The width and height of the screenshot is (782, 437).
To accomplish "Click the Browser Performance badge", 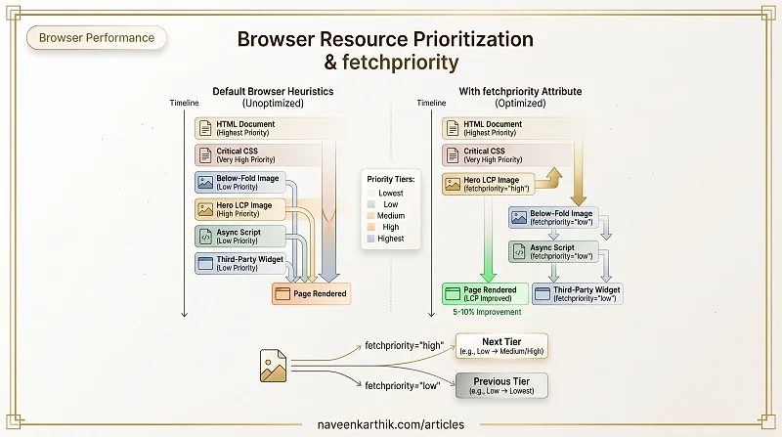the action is pyautogui.click(x=96, y=38).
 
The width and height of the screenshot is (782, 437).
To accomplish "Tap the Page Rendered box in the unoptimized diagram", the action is pyautogui.click(x=311, y=294).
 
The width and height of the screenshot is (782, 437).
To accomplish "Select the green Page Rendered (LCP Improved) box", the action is pyautogui.click(x=485, y=294).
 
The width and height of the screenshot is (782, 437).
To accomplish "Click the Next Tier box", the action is pyautogui.click(x=501, y=346).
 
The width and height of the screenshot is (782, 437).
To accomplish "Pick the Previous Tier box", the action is pyautogui.click(x=501, y=385).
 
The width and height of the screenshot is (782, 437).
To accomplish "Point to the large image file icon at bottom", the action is pyautogui.click(x=274, y=366).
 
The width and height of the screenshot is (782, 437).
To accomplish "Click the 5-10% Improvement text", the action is pyautogui.click(x=487, y=312).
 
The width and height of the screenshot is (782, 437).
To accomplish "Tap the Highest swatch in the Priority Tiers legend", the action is pyautogui.click(x=370, y=239).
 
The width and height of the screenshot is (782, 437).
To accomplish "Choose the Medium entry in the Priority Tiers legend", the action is pyautogui.click(x=385, y=216).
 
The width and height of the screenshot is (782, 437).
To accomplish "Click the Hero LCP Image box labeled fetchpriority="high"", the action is pyautogui.click(x=488, y=184).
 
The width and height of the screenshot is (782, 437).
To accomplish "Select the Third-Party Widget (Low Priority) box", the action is pyautogui.click(x=240, y=263).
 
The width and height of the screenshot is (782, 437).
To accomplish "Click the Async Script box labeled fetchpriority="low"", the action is pyautogui.click(x=553, y=251).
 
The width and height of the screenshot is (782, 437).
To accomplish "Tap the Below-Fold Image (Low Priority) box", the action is pyautogui.click(x=240, y=183).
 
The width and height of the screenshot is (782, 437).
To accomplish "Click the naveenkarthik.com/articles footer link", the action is pyautogui.click(x=391, y=424).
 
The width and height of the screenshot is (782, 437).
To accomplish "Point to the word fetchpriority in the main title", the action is pyautogui.click(x=401, y=63).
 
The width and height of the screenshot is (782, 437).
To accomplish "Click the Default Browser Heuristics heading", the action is pyautogui.click(x=273, y=91).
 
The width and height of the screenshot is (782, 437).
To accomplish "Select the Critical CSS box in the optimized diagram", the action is pyautogui.click(x=507, y=155).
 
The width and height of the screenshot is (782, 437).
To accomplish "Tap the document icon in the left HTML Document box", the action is pyautogui.click(x=205, y=128).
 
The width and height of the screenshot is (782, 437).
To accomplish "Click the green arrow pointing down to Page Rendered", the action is pyautogui.click(x=488, y=239).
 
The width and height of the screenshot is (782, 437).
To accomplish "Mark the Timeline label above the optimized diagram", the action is pyautogui.click(x=431, y=103).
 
